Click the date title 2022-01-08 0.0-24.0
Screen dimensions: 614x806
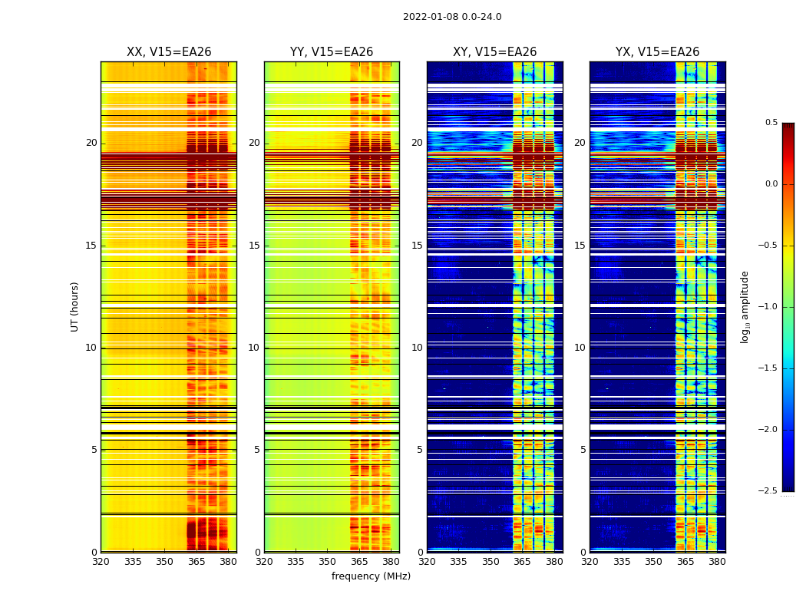tap(452, 17)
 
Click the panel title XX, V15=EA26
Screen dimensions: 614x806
tap(169, 52)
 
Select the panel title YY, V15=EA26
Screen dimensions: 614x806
tap(332, 52)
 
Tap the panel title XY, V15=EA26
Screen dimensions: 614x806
tap(494, 52)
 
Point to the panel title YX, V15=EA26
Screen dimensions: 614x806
tap(657, 52)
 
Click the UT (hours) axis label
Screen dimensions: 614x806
tap(74, 306)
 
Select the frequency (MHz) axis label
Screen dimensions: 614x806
tap(371, 576)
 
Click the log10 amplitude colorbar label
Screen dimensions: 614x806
tap(745, 306)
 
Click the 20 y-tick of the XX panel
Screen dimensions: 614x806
tap(91, 143)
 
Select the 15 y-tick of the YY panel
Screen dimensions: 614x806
tap(254, 246)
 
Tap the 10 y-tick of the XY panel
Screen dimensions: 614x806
tap(417, 348)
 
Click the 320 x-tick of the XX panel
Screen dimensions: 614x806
tap(101, 562)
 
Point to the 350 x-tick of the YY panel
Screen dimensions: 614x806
tap(328, 562)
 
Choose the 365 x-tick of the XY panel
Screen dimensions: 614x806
tap(522, 562)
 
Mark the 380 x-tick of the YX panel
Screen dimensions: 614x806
tap(717, 562)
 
